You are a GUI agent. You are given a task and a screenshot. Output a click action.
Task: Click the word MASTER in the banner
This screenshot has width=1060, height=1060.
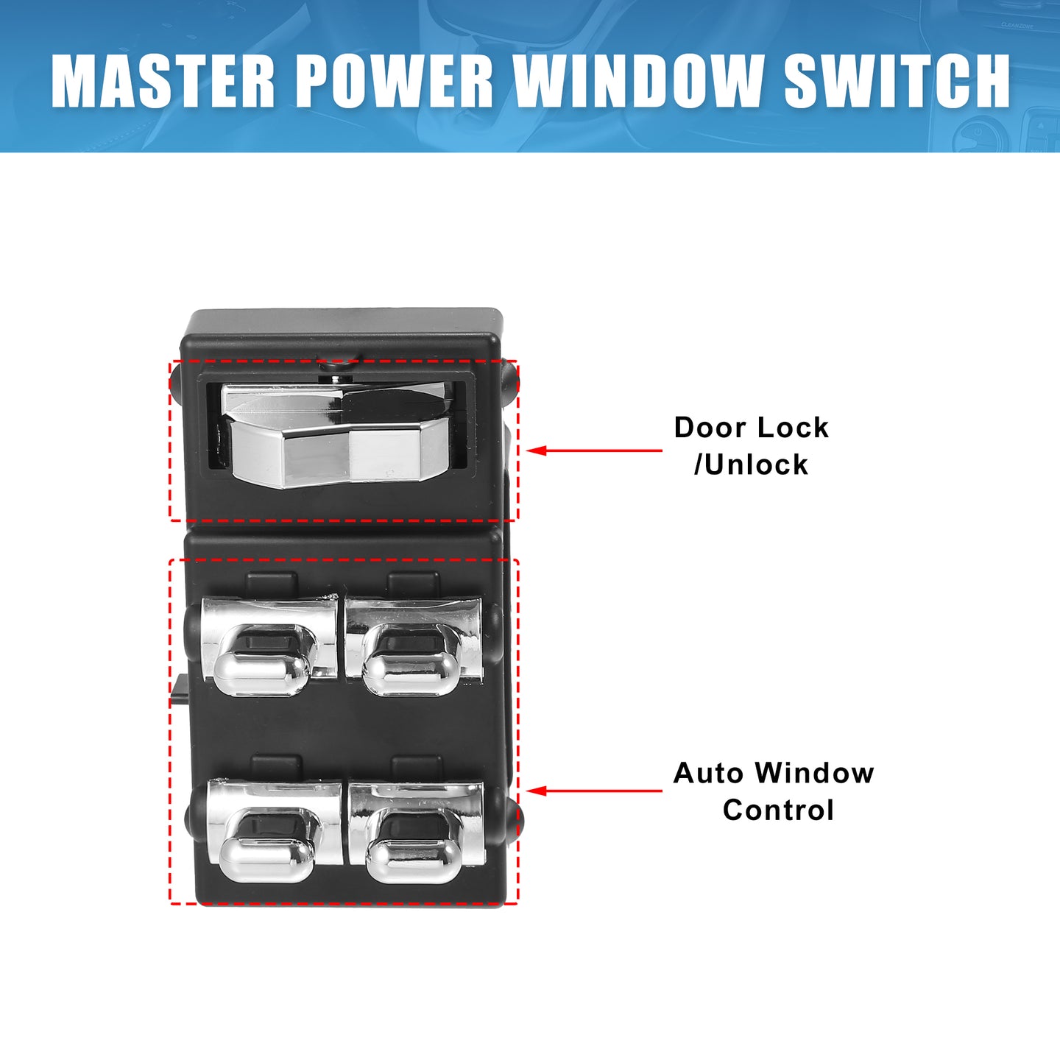[x=163, y=81]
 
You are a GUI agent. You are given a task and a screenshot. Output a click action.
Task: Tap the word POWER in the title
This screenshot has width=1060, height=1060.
[x=394, y=81]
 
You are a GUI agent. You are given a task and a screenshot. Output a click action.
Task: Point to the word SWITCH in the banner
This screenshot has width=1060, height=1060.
[x=897, y=81]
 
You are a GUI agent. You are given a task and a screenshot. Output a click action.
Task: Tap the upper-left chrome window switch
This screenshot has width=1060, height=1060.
[x=269, y=646]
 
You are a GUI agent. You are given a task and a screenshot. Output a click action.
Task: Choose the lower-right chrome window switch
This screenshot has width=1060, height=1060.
[x=417, y=832]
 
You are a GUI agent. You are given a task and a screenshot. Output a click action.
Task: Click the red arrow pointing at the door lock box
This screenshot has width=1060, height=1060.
[x=594, y=451]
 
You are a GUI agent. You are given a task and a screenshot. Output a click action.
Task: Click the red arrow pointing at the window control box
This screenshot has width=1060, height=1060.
[x=594, y=791]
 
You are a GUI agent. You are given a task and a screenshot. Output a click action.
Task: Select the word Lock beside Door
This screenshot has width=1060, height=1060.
[x=792, y=428]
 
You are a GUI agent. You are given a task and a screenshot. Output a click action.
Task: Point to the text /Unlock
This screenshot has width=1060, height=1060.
[x=751, y=464]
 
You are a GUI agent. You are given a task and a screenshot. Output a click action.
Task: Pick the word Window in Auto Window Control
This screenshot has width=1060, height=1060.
[x=814, y=773]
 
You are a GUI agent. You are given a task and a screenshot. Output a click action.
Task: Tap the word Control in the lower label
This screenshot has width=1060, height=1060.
[x=778, y=810]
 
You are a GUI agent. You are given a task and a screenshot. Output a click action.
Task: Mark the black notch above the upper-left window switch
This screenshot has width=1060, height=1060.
[x=272, y=583]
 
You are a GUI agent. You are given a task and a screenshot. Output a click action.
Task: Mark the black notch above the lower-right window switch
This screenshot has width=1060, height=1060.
[x=417, y=767]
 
